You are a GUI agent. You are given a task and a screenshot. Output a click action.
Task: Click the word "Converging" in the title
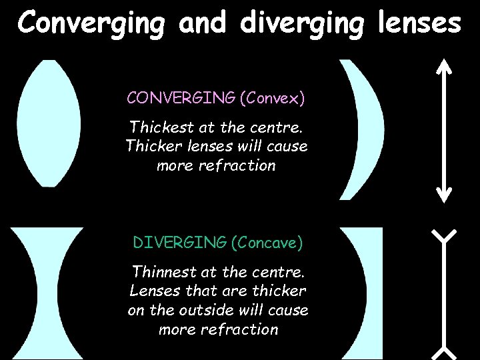[x=92, y=22]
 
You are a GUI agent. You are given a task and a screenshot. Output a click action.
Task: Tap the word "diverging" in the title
[x=302, y=22]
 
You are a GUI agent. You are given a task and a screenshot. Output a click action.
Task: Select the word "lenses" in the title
[x=418, y=22]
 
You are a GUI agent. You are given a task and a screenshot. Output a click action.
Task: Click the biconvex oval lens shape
[x=49, y=123]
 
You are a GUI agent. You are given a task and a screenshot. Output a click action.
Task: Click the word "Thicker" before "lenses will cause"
[x=153, y=146]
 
